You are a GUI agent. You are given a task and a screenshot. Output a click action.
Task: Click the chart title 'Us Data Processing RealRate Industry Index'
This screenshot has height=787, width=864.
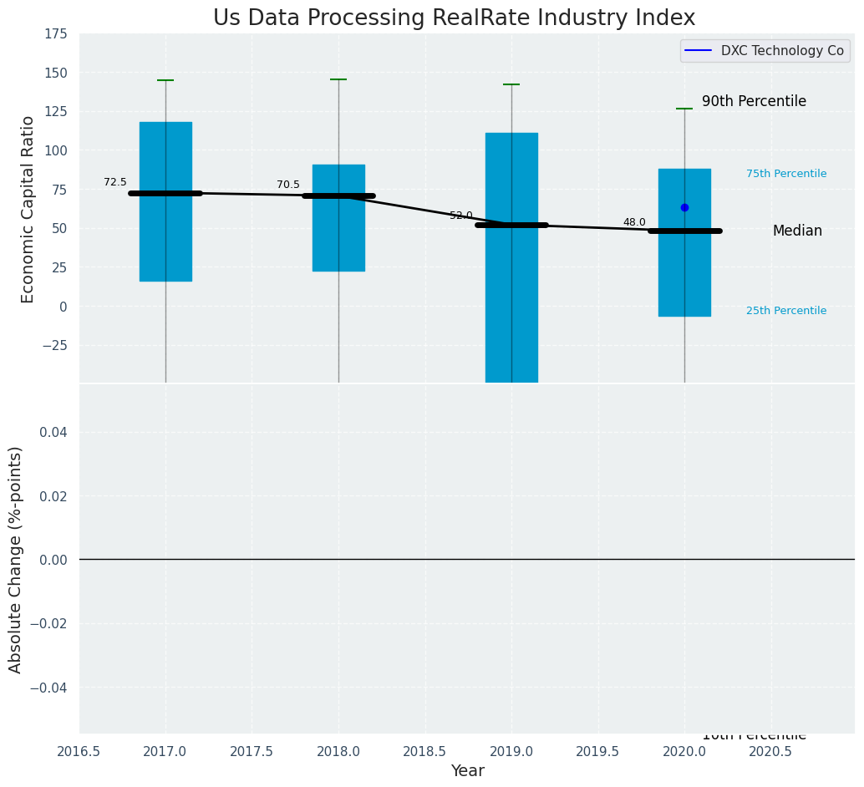coord(454,18)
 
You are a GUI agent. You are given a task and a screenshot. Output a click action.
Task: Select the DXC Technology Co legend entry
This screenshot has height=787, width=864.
coord(765,51)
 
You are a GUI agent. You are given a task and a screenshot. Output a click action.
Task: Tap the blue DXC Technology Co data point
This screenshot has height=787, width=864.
coord(684,207)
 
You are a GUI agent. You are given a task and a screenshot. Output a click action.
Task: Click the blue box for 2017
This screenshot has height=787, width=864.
coord(165,150)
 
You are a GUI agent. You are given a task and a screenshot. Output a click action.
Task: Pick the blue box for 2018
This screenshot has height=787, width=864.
coord(338,125)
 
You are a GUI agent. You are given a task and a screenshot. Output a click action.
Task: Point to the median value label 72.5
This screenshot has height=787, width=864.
coord(115,182)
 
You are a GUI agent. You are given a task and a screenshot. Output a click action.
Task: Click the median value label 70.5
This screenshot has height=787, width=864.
coord(288,185)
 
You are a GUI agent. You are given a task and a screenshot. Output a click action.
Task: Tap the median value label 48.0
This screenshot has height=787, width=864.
coord(634,222)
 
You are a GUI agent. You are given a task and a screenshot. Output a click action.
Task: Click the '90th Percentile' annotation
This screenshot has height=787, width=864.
coord(754,101)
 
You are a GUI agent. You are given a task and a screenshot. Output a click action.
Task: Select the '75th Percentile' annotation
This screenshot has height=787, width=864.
coord(786,174)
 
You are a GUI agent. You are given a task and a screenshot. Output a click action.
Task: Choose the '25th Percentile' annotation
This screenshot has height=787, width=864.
coord(786,311)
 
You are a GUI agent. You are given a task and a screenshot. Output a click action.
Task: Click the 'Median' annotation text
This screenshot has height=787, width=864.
coord(797,231)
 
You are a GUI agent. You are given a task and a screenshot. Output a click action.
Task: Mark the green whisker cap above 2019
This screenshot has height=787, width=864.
coord(511,84)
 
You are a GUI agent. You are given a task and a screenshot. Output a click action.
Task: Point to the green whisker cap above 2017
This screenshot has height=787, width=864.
coord(165,80)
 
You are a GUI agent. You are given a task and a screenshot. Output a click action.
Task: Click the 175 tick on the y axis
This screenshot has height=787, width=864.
coord(57,33)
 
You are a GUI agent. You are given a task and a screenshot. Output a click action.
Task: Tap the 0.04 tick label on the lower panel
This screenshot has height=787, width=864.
coord(54,432)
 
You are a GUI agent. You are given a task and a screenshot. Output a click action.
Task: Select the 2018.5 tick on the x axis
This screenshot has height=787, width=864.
coord(424,752)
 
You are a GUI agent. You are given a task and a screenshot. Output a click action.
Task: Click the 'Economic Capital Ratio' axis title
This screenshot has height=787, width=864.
coord(28,209)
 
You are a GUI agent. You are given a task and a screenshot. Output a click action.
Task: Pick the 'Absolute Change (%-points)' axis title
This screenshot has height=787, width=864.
coord(16,559)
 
